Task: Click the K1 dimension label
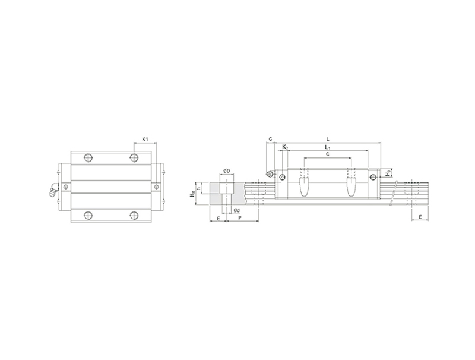[x=145, y=140]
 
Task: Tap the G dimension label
[x=271, y=140]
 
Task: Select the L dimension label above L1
[x=328, y=140]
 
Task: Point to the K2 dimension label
[x=285, y=147]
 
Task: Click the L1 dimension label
[x=327, y=147]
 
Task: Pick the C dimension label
[x=328, y=154]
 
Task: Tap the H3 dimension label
[x=388, y=173]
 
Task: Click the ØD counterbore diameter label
[x=227, y=171]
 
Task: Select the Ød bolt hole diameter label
[x=236, y=210]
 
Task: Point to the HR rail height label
[x=192, y=194]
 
